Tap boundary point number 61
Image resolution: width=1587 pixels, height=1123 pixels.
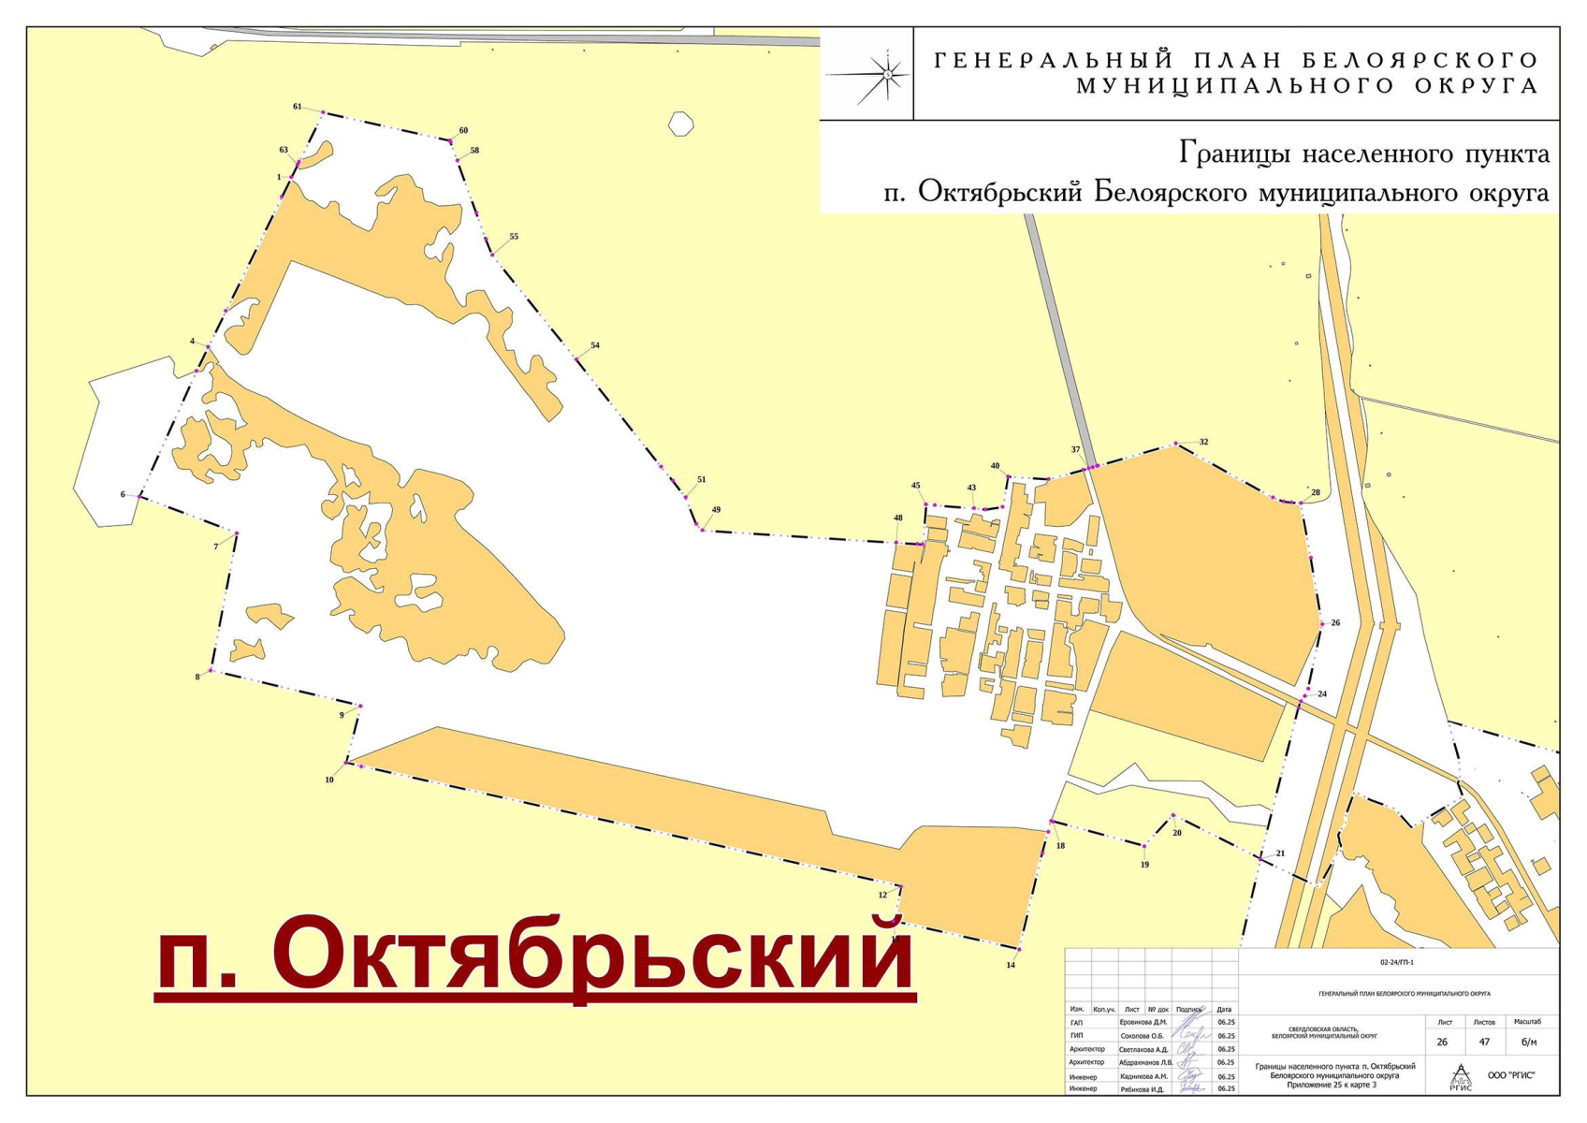point(298,107)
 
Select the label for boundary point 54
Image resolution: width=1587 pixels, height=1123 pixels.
point(595,345)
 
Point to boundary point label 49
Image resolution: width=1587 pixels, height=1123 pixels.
point(716,510)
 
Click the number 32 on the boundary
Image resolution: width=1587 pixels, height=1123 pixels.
point(1203,442)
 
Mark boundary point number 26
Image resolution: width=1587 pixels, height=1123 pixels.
point(1335,622)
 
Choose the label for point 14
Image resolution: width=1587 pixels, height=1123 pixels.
point(1011,965)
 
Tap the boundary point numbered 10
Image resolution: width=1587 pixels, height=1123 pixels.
point(329,780)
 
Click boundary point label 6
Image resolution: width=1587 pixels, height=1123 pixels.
point(123,494)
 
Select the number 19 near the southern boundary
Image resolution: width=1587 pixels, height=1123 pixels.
point(1144,865)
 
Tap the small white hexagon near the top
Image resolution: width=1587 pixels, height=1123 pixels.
point(680,123)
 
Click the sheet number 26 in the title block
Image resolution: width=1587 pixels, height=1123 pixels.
point(1442,1042)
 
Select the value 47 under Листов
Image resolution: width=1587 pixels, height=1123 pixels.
point(1484,1042)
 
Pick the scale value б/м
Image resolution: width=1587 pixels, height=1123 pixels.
point(1529,1042)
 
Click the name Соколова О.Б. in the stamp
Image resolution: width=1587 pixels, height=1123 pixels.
point(1143,1036)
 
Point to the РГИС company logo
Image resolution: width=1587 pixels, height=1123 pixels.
point(1460,1076)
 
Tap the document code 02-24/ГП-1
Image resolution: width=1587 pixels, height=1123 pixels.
point(1396,962)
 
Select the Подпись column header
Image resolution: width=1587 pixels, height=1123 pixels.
point(1188,1010)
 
